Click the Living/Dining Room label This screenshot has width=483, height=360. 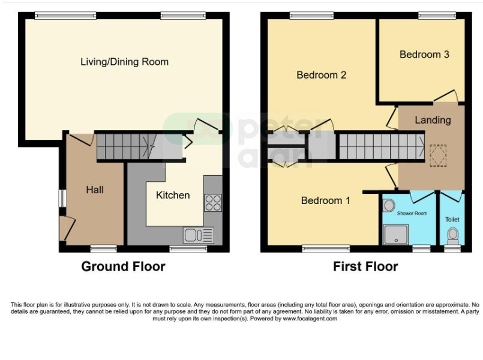click(124, 62)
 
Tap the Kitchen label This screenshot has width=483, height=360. click(173, 195)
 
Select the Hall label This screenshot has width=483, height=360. click(95, 190)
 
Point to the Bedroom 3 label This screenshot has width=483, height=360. click(424, 55)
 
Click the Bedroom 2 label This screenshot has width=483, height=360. click(321, 75)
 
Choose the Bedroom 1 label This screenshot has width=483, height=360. click(325, 200)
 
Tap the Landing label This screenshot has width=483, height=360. click(433, 120)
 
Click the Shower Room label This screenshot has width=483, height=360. click(412, 213)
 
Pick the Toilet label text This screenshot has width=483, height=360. click(452, 220)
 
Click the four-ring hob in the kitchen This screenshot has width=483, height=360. click(213, 203)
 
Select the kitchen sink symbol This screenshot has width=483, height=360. click(199, 235)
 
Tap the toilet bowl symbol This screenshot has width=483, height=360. click(453, 235)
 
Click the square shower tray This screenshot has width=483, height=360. click(396, 235)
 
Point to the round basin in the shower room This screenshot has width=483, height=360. click(389, 205)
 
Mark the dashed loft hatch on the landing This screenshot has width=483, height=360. click(438, 155)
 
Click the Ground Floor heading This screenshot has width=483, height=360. click(123, 266)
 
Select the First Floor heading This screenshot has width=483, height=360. click(365, 266)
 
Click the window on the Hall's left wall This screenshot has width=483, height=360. click(62, 199)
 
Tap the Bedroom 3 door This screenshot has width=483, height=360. click(445, 96)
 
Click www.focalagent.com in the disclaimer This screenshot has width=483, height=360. click(310, 319)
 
